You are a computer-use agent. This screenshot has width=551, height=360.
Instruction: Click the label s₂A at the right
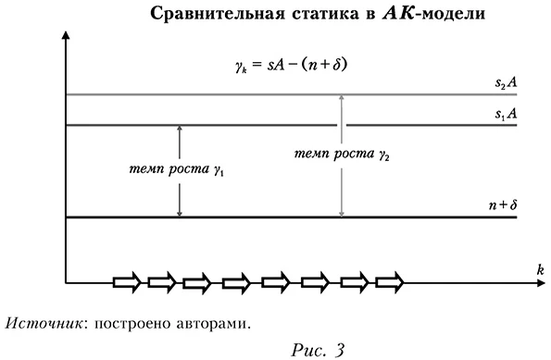[x=505, y=83]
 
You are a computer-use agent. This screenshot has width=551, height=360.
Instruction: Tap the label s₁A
[x=505, y=114]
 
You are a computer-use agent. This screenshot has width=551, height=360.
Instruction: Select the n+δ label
[x=501, y=206]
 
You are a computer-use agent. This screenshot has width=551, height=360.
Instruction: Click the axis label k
[x=538, y=267]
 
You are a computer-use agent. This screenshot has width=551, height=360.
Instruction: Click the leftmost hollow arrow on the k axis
[x=128, y=280]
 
